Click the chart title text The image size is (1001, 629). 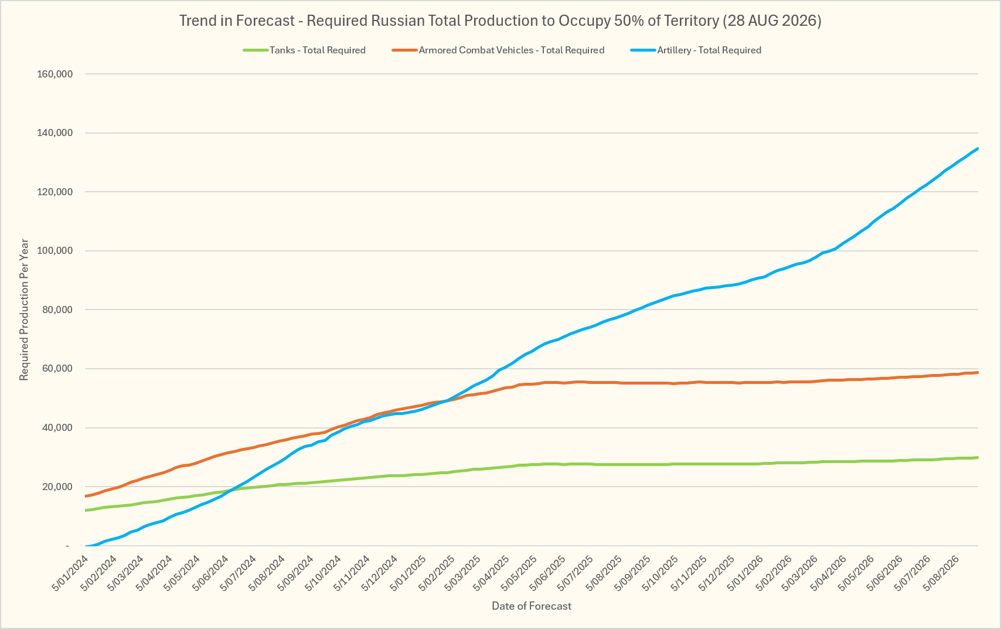tap(500, 21)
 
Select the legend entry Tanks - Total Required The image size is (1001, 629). tap(304, 50)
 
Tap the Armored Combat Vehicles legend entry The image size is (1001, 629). tap(498, 50)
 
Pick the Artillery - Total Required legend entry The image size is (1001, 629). tap(696, 50)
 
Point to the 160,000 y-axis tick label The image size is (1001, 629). tap(55, 74)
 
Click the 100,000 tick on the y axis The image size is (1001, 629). tap(55, 251)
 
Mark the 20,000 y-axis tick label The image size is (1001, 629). tap(57, 487)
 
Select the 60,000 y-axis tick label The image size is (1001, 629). tap(57, 369)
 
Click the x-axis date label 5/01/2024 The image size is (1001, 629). tap(71, 573)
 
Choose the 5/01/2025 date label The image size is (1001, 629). tap(408, 573)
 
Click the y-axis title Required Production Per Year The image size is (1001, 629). tap(24, 310)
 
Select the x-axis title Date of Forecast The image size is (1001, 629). tap(532, 606)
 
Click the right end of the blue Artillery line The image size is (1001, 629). tap(978, 148)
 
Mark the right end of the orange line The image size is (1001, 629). tap(978, 372)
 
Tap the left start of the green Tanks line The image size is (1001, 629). tap(86, 510)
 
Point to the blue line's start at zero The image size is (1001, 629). tap(86, 546)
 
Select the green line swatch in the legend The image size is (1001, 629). tap(255, 50)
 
